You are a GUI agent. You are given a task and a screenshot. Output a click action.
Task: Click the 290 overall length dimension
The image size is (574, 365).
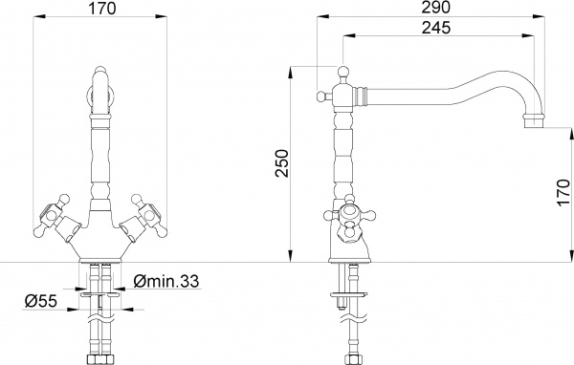click(x=434, y=8)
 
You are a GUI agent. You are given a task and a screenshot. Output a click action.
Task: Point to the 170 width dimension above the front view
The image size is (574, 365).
click(x=102, y=10)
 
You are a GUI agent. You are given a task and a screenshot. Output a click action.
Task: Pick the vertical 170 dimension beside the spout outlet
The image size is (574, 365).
click(x=562, y=196)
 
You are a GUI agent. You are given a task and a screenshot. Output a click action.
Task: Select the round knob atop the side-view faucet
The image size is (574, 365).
click(x=342, y=71)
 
